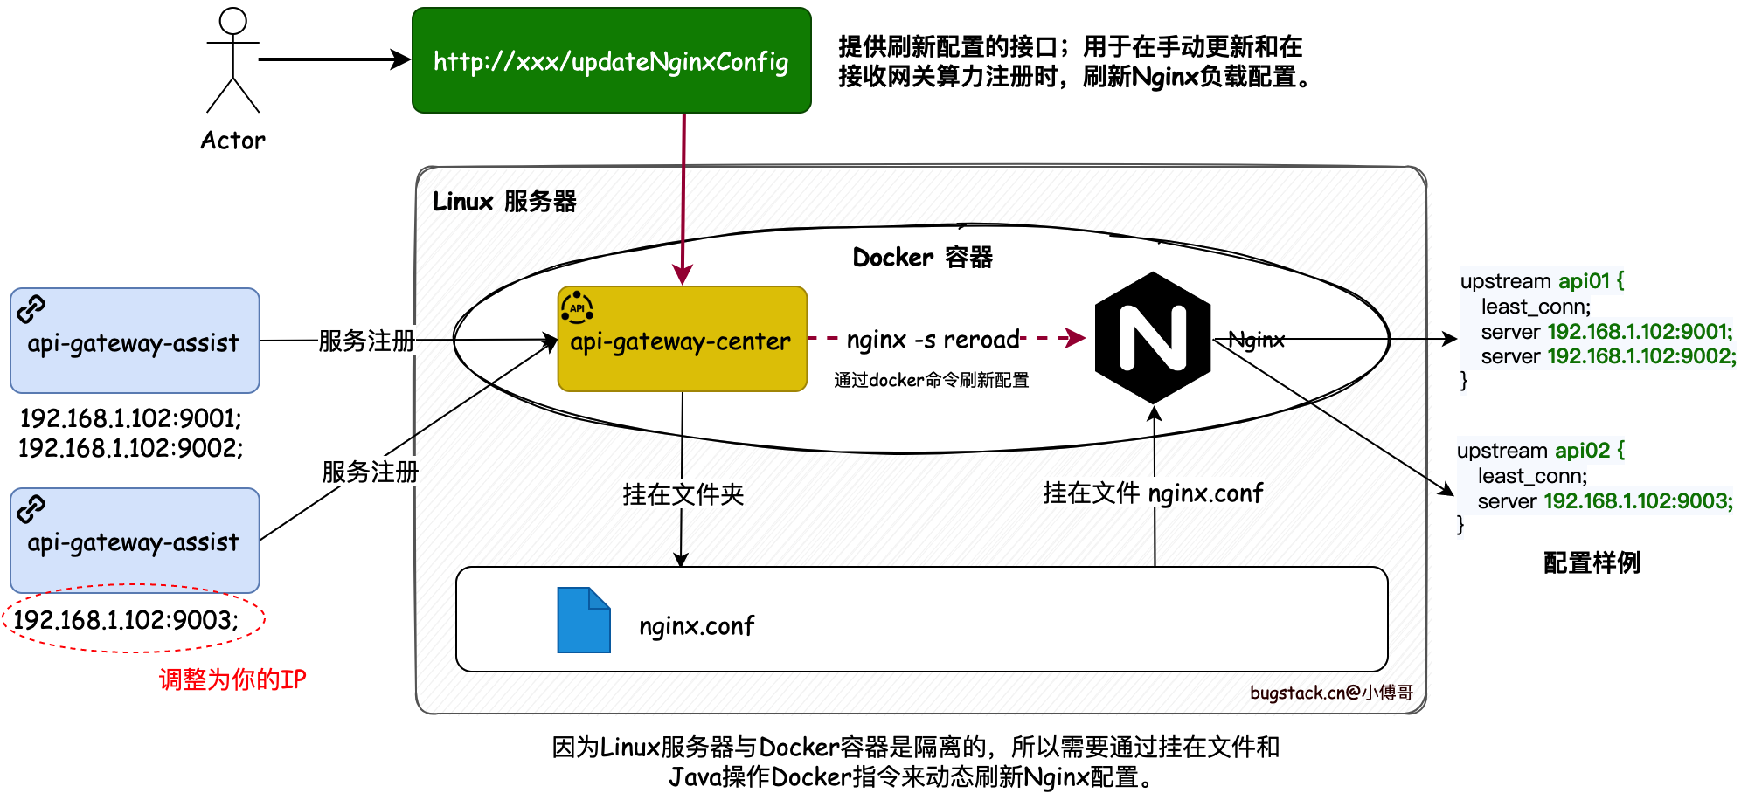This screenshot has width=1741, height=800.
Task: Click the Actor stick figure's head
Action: (232, 21)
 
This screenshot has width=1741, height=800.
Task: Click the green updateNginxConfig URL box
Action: (611, 61)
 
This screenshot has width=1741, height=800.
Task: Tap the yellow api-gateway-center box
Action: (682, 341)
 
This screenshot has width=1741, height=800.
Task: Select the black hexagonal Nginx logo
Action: (1153, 338)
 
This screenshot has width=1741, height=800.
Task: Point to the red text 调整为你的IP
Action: (232, 679)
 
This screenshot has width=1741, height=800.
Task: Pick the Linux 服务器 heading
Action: (504, 202)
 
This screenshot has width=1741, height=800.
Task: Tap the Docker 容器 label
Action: (922, 258)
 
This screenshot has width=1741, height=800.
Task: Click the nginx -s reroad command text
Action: (933, 339)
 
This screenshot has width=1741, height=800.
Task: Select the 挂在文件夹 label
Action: (683, 494)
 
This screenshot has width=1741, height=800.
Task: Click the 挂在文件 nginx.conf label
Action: (1153, 493)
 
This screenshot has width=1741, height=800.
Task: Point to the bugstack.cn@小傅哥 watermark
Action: (1331, 693)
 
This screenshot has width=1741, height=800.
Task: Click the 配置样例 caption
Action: (1592, 563)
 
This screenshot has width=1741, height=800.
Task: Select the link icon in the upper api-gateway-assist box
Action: (31, 308)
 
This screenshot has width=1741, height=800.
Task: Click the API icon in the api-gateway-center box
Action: (577, 307)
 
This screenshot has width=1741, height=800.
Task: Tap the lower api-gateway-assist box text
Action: (133, 542)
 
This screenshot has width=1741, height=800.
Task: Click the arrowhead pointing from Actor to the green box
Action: (401, 59)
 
